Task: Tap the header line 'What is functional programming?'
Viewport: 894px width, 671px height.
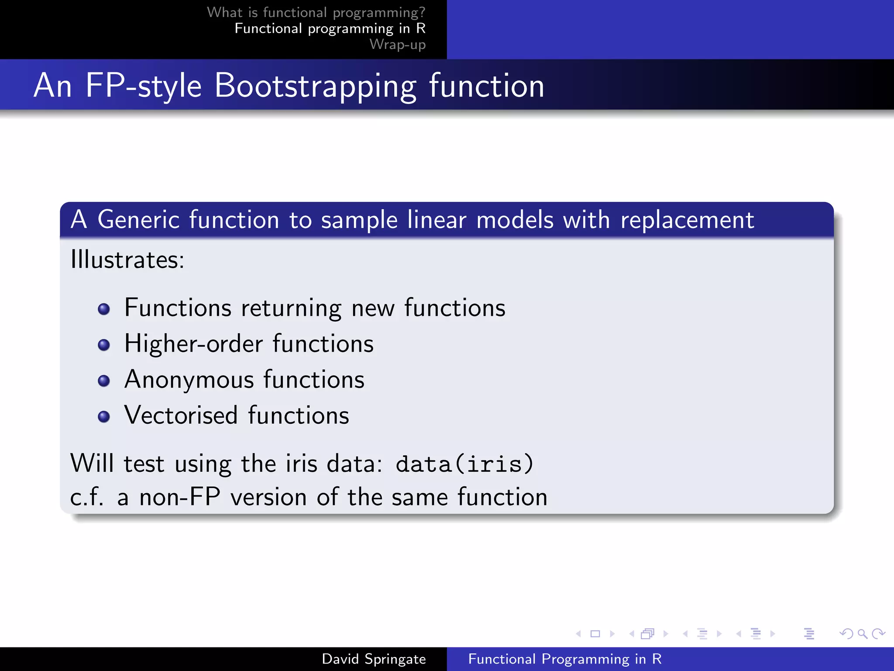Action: tap(316, 12)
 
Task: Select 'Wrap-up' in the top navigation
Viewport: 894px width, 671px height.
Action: tap(397, 45)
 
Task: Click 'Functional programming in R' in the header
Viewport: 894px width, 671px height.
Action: tap(330, 28)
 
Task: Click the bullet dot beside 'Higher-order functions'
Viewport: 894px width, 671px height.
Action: tap(104, 345)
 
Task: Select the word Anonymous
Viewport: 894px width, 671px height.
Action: tap(189, 380)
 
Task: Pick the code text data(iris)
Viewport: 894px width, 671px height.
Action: tap(464, 463)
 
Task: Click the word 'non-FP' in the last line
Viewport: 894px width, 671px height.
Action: tap(179, 498)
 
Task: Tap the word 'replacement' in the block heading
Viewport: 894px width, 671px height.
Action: tap(687, 220)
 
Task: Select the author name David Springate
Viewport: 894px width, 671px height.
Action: tap(374, 659)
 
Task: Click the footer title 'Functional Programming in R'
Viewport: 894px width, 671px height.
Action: tap(565, 659)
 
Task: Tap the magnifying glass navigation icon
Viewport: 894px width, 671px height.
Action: tap(862, 634)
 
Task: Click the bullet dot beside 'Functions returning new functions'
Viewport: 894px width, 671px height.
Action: tap(104, 309)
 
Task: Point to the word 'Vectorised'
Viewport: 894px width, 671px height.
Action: tap(181, 415)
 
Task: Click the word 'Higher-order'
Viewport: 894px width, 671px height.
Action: tap(193, 344)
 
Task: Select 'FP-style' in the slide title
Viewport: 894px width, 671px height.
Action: tap(143, 86)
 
